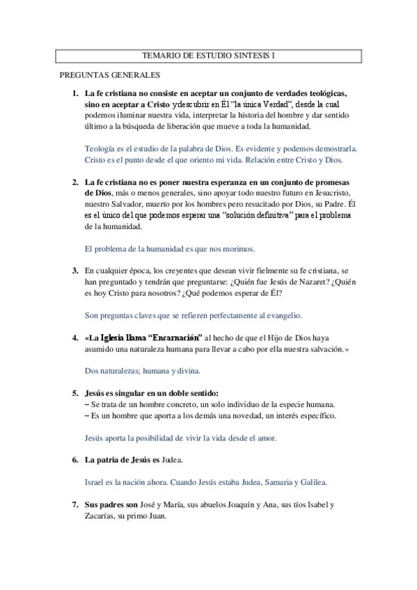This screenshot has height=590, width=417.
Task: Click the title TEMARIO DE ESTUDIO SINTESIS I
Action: (x=208, y=56)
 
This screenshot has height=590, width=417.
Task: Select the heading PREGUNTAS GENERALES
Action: (x=110, y=75)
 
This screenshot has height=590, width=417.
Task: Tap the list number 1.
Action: (x=74, y=93)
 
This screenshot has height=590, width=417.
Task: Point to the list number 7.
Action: (x=74, y=504)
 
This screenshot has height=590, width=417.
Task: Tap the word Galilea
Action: (x=310, y=481)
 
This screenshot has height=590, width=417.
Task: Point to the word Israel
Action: (x=96, y=481)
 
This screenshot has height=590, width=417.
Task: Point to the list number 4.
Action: (x=74, y=337)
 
